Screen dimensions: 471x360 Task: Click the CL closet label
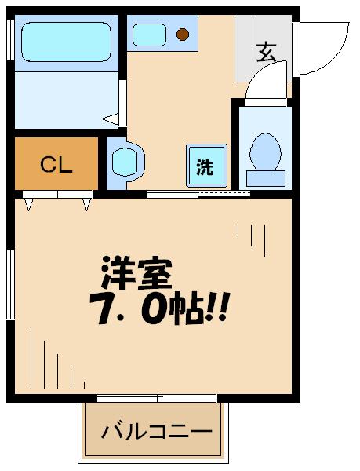click(x=56, y=165)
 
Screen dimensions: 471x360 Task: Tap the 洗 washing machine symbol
click(x=205, y=166)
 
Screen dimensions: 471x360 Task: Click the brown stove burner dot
click(x=183, y=34)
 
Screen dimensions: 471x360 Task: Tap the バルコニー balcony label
click(x=158, y=432)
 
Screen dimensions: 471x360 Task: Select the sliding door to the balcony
click(x=156, y=398)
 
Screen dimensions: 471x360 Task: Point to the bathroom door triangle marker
click(x=113, y=119)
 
